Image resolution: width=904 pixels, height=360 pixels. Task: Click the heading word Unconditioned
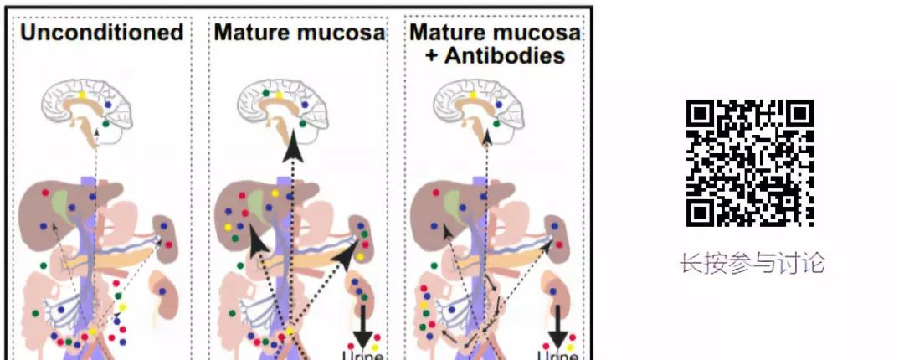(101, 33)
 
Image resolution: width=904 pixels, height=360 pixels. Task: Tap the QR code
(750, 163)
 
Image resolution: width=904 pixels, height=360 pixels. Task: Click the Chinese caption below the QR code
(752, 264)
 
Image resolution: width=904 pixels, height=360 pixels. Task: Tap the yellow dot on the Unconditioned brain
(83, 95)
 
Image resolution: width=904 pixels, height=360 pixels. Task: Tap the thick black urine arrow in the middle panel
(362, 327)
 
